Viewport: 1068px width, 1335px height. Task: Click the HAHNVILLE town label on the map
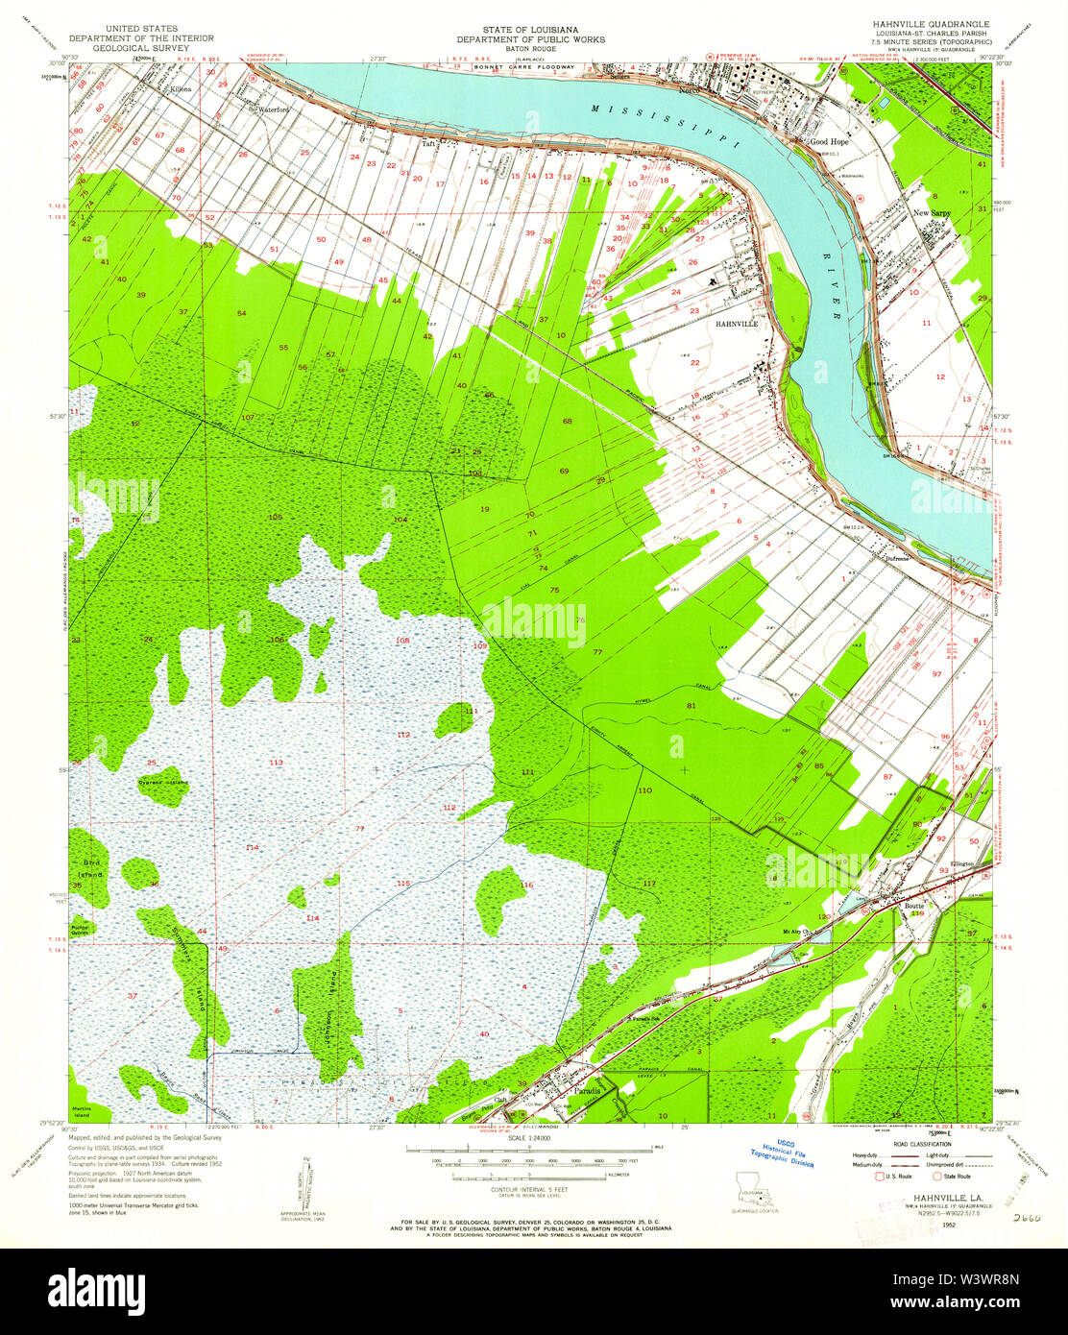pos(737,325)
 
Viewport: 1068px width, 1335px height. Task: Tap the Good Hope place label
pos(831,142)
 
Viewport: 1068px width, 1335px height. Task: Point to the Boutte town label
pos(913,904)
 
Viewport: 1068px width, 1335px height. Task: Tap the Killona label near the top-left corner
pos(181,88)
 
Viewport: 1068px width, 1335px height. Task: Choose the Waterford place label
pos(272,109)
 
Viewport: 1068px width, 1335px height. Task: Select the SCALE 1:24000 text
pos(530,1139)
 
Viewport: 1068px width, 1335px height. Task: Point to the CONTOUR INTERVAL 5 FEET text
pos(530,1187)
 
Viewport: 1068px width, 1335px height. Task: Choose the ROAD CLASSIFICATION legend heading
pos(921,1144)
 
